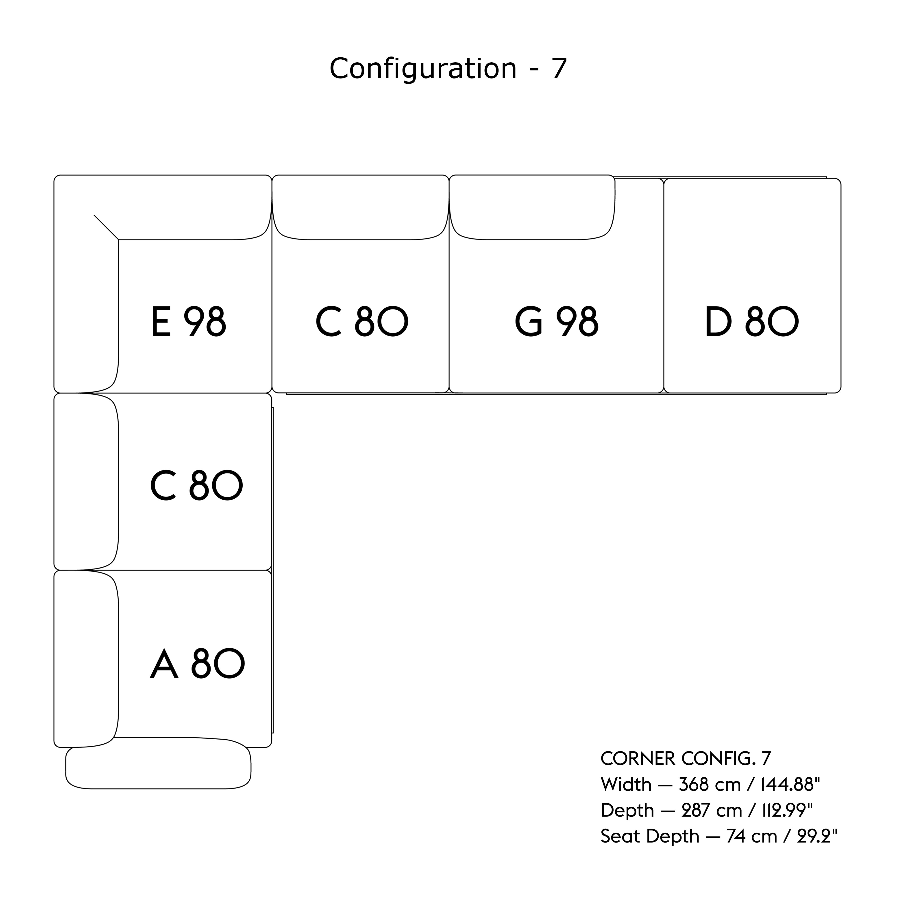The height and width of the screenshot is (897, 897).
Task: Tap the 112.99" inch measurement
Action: [x=787, y=811]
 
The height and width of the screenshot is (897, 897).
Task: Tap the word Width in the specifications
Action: [x=626, y=785]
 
